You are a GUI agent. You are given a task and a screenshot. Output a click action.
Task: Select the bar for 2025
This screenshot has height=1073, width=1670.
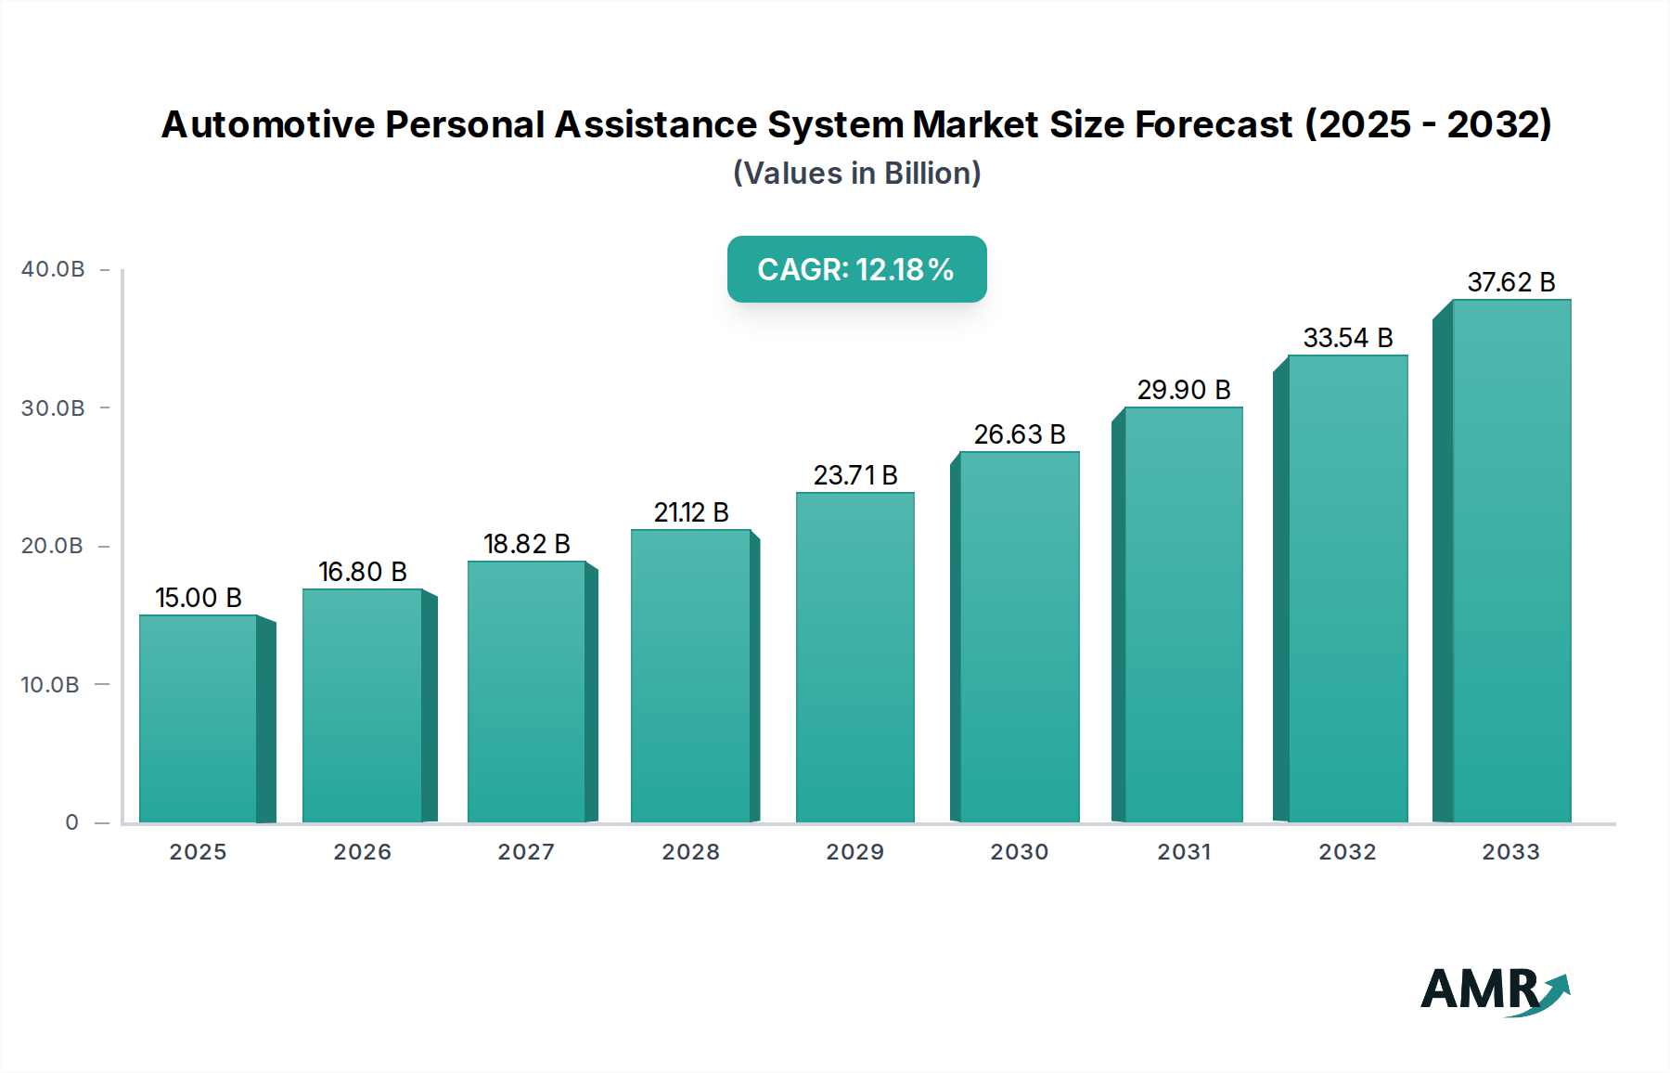198,719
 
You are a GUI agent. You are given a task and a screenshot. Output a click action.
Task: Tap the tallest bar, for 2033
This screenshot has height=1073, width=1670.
1510,562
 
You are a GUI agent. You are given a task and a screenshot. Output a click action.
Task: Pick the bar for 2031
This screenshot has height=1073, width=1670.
1183,614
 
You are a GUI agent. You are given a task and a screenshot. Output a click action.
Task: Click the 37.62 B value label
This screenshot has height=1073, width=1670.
1510,282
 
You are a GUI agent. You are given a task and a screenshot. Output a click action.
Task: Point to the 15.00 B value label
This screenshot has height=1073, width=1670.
198,598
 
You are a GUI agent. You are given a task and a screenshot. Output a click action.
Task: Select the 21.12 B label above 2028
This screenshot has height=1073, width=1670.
690,512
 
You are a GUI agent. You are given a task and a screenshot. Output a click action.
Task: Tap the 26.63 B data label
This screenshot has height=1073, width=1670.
1019,434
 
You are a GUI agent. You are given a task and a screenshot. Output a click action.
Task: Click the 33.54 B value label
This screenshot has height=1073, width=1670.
1347,338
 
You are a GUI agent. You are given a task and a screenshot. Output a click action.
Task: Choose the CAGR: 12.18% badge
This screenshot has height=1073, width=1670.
856,269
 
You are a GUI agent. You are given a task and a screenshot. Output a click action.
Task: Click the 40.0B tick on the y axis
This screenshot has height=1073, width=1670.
53,269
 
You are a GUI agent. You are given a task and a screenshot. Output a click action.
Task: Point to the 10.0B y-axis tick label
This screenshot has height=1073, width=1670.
50,685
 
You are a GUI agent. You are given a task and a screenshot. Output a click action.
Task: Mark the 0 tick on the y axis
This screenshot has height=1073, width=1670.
72,822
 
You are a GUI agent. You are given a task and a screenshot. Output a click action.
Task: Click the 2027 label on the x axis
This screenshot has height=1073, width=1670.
526,852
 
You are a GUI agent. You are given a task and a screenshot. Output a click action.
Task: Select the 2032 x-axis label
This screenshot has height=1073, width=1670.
1347,852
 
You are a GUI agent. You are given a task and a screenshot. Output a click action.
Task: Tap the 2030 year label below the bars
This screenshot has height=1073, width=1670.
1019,852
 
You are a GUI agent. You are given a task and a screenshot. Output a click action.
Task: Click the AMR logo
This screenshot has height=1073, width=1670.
1494,990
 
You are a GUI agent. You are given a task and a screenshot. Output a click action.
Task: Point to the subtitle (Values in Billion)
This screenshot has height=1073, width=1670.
856,174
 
